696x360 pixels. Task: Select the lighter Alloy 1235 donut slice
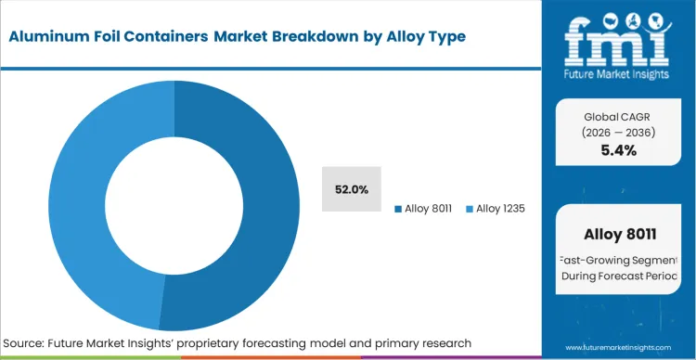point(79,186)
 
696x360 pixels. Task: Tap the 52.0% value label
point(352,189)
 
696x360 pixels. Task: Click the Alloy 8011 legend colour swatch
point(398,209)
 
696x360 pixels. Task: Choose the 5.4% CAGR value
point(618,150)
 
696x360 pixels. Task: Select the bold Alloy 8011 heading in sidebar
point(618,233)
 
